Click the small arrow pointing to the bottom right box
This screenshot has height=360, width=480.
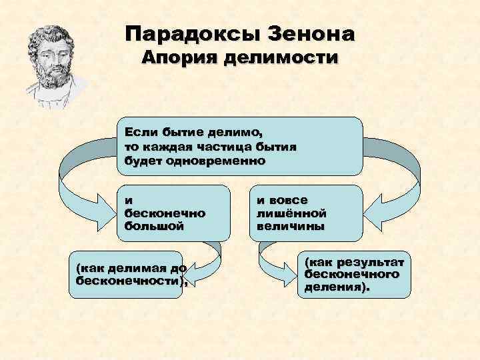273,267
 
